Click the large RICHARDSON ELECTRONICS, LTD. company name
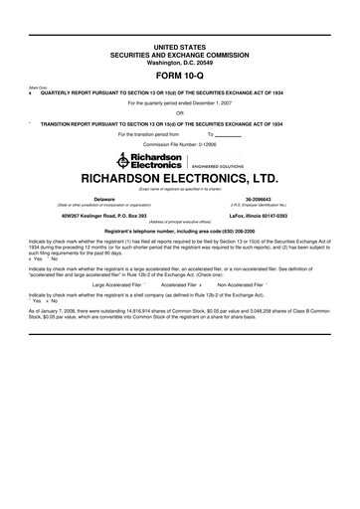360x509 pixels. [180, 181]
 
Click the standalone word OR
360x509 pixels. [180, 112]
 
